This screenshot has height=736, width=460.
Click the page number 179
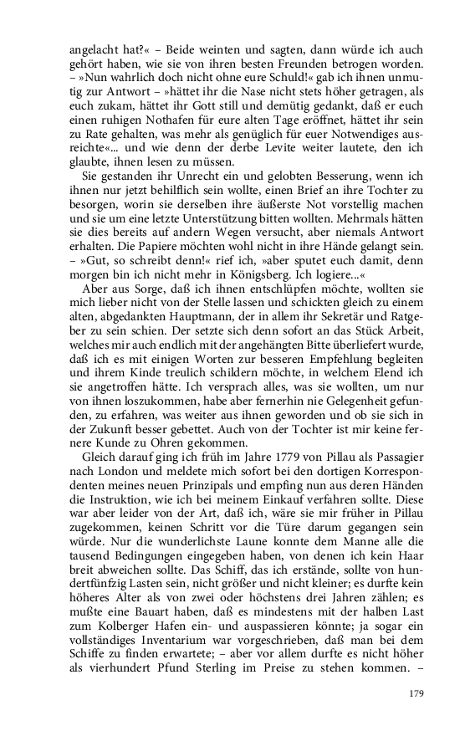(x=417, y=692)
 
